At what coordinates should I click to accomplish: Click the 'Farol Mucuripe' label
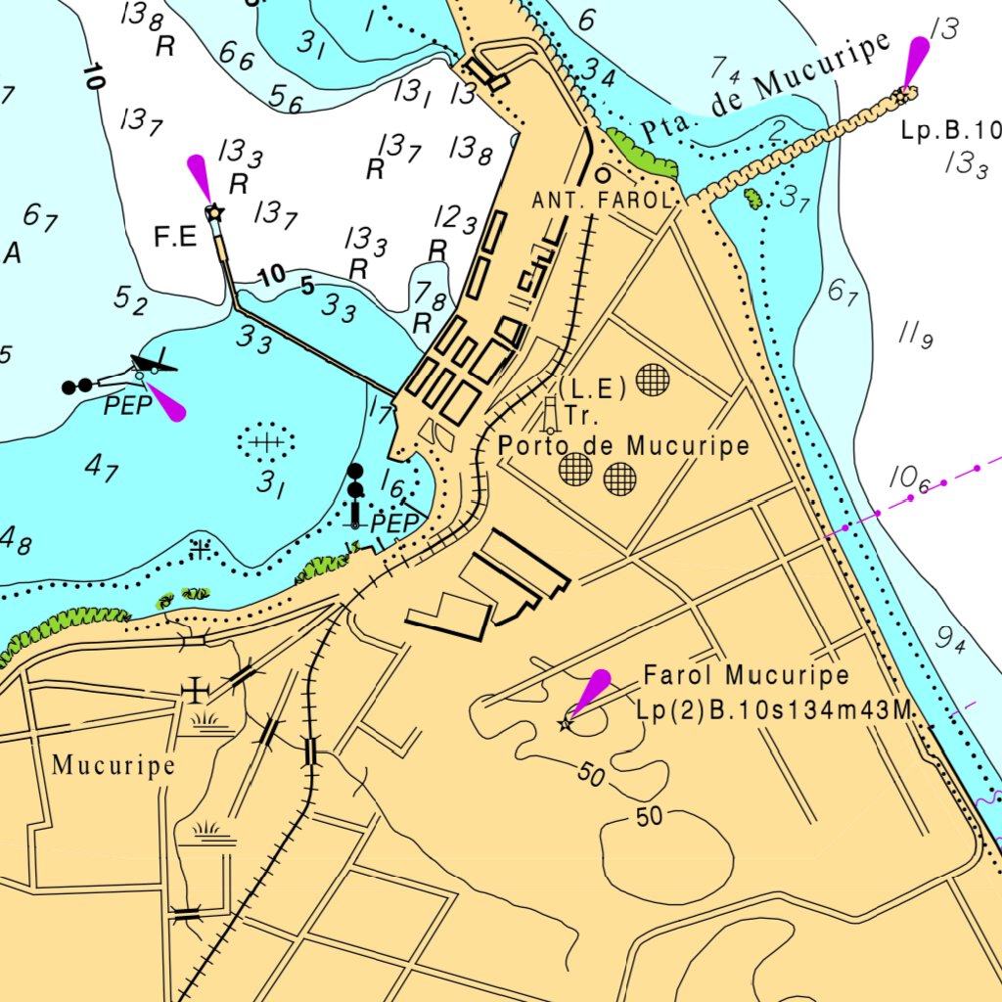click(x=746, y=675)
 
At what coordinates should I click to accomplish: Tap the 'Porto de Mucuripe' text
click(x=623, y=446)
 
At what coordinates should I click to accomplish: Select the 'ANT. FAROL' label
click(x=601, y=201)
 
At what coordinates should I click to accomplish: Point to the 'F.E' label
click(x=176, y=237)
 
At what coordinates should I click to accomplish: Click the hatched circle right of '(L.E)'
click(x=653, y=380)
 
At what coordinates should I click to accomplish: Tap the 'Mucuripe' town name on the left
click(x=114, y=765)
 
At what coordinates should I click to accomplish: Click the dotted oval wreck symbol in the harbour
click(x=264, y=442)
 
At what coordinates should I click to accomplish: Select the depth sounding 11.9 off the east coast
click(x=916, y=336)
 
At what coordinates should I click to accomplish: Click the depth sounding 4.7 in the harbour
click(x=102, y=468)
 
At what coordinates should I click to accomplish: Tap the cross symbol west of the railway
click(x=198, y=691)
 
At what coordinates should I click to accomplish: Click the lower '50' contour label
click(x=650, y=817)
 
